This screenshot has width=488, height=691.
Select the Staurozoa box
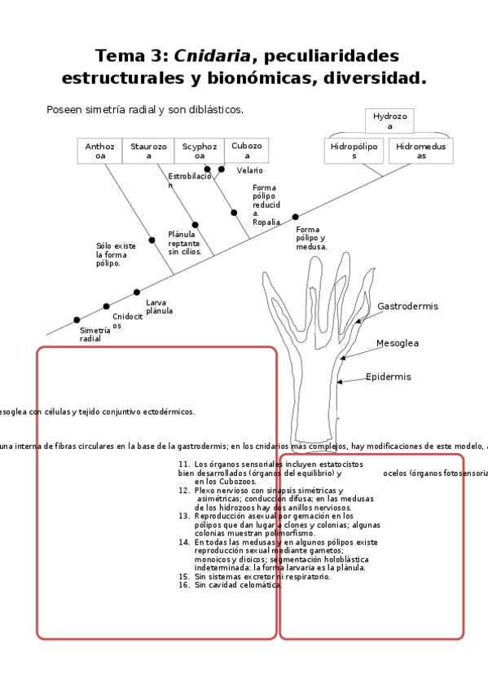pyautogui.click(x=149, y=151)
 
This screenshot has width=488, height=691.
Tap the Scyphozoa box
pyautogui.click(x=200, y=151)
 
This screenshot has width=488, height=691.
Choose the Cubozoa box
pyautogui.click(x=246, y=150)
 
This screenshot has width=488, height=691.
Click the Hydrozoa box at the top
pyautogui.click(x=389, y=121)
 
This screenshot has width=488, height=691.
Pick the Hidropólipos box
pyautogui.click(x=354, y=151)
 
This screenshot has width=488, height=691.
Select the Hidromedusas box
pyautogui.click(x=421, y=151)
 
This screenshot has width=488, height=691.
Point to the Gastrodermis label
pyautogui.click(x=407, y=306)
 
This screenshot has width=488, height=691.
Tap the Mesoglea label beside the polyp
pyautogui.click(x=397, y=343)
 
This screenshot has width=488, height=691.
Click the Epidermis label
pyautogui.click(x=388, y=377)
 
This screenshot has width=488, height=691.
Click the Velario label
pyautogui.click(x=249, y=170)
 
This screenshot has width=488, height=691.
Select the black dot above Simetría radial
pyautogui.click(x=77, y=320)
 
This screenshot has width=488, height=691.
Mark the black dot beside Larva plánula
pyautogui.click(x=137, y=292)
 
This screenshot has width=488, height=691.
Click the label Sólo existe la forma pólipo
pyautogui.click(x=116, y=254)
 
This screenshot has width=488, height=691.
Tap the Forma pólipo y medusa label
pyautogui.click(x=311, y=238)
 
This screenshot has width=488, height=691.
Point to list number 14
pyautogui.click(x=183, y=542)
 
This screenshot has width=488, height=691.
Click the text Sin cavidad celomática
pyautogui.click(x=238, y=585)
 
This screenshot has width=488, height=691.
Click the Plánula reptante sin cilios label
pyautogui.click(x=183, y=243)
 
